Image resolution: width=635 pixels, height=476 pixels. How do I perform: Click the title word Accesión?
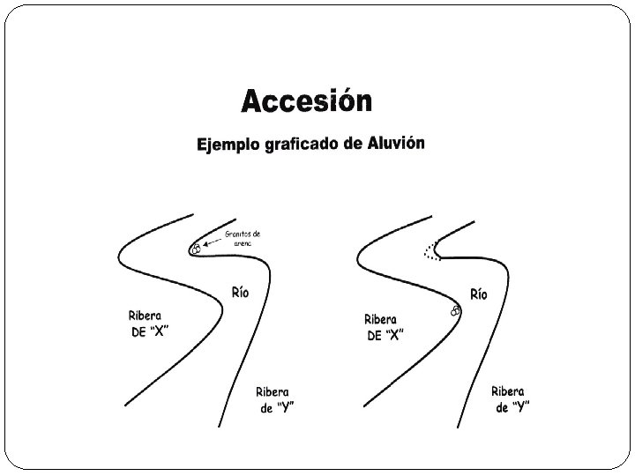(306, 102)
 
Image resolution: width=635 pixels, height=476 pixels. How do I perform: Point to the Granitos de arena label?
(243, 237)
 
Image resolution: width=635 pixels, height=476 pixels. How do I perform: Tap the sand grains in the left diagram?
(196, 249)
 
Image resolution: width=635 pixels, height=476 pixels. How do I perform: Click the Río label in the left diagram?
(240, 293)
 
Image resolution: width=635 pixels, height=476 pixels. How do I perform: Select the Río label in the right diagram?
(477, 294)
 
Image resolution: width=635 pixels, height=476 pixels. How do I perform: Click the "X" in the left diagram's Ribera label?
(160, 332)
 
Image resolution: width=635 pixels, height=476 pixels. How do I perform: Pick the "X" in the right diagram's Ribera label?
(396, 336)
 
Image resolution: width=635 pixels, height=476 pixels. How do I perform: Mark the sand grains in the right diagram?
(455, 310)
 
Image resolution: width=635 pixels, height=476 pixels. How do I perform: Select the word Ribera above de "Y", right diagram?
(509, 390)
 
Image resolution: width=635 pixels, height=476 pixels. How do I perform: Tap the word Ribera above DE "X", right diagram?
(380, 320)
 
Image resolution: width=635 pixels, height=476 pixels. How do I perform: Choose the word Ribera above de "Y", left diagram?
(273, 392)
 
